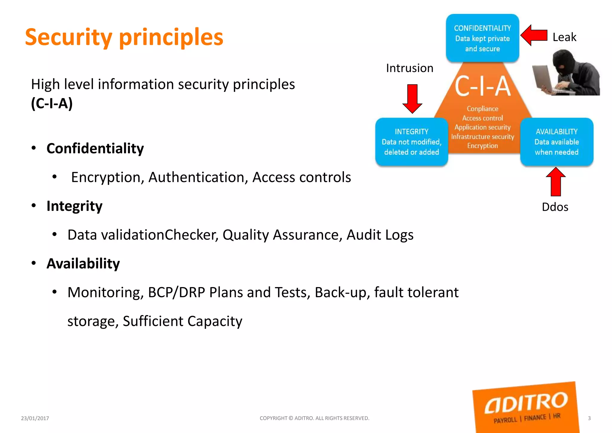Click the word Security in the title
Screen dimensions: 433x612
(68, 37)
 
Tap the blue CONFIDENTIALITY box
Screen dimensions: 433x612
(482, 38)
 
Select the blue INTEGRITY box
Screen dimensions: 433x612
(411, 142)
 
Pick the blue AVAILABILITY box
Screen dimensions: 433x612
(556, 142)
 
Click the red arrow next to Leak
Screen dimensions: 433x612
(534, 35)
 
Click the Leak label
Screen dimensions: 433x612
(564, 37)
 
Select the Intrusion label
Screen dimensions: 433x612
(409, 68)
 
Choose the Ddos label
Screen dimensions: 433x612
(555, 207)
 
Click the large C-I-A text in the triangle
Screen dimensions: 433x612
(483, 86)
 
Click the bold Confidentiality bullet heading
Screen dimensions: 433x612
(95, 148)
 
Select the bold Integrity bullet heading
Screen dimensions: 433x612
(74, 206)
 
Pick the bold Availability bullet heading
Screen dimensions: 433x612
(83, 263)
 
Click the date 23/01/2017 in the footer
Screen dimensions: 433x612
(35, 418)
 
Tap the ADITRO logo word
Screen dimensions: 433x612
(526, 402)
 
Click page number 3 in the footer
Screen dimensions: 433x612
(589, 418)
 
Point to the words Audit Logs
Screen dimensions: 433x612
(380, 235)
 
